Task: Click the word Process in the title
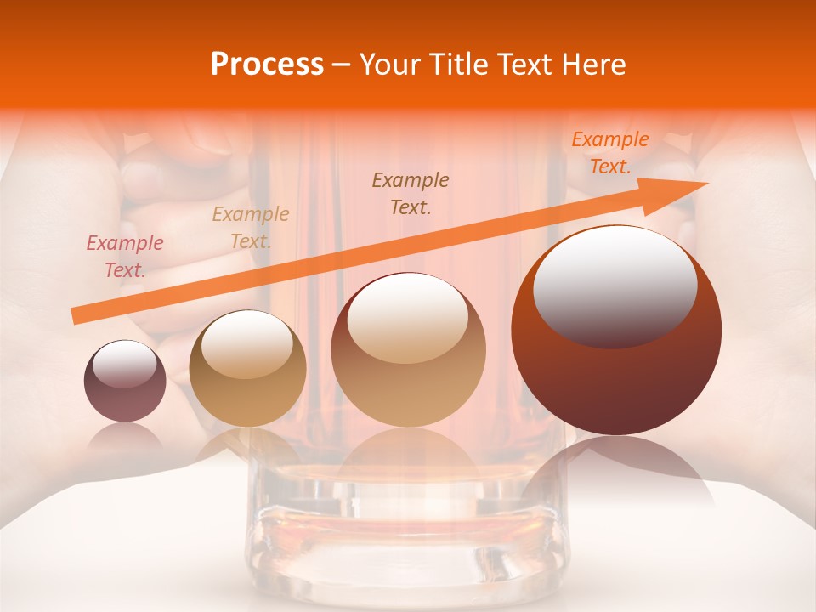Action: (267, 65)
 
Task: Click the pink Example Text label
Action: (124, 257)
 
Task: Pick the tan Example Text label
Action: (250, 228)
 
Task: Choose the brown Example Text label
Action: (411, 193)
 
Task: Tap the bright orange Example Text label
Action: (609, 153)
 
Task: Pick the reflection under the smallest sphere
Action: (125, 435)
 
